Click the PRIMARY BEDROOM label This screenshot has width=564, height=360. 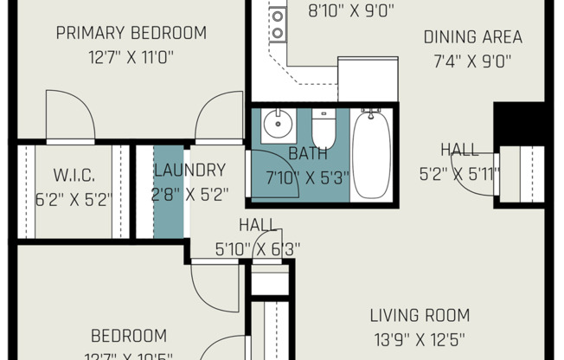pos(131,34)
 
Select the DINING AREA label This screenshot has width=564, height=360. pos(472,37)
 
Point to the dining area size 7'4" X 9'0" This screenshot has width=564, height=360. pos(472,61)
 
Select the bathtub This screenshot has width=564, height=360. pos(373,154)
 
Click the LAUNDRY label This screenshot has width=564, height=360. pos(189,170)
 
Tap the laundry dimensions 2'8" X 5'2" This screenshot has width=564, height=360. pos(189,195)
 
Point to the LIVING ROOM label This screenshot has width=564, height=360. pos(420,315)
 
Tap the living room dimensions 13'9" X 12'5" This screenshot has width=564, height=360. pos(420,339)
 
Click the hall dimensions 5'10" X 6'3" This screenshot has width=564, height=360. pos(258,249)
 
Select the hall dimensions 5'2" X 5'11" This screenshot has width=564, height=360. pos(459,174)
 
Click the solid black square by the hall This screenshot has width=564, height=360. pos(518,124)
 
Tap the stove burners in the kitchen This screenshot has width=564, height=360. pos(279,24)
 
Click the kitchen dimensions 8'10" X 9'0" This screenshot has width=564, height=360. pos(339,11)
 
